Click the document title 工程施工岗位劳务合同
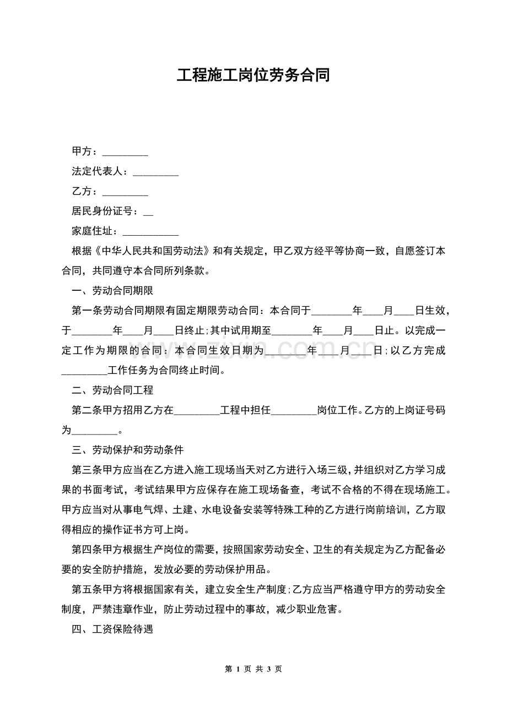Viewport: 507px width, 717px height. pyautogui.click(x=253, y=75)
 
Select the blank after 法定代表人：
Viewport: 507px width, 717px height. pyautogui.click(x=156, y=172)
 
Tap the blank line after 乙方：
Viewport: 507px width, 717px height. pyautogui.click(x=125, y=192)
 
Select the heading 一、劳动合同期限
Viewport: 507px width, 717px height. pyautogui.click(x=112, y=291)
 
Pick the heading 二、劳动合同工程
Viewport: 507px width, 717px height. pyautogui.click(x=112, y=390)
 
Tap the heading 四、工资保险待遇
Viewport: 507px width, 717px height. pyautogui.click(x=112, y=629)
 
